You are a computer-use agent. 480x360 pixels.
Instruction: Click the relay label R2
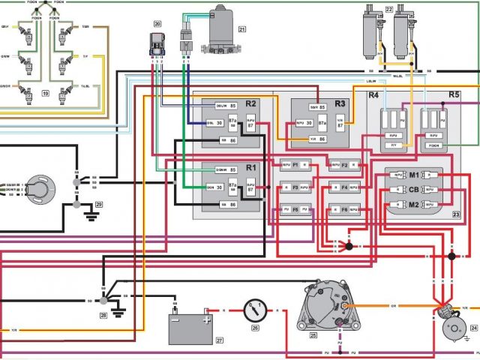[250, 103]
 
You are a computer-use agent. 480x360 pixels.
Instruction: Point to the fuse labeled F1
[295, 163]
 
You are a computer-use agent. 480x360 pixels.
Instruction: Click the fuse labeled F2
[344, 163]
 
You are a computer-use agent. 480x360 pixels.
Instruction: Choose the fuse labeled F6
[344, 210]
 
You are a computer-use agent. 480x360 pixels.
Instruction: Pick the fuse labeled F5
[295, 210]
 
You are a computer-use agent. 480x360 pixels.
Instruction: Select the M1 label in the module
[414, 174]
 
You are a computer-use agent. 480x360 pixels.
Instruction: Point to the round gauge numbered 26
[255, 309]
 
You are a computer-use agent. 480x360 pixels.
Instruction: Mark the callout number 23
[456, 214]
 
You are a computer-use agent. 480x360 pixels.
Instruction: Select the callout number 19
[46, 94]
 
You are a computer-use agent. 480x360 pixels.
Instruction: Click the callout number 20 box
[157, 25]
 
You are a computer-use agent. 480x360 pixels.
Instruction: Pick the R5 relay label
[454, 95]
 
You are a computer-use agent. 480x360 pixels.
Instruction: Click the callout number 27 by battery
[220, 340]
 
